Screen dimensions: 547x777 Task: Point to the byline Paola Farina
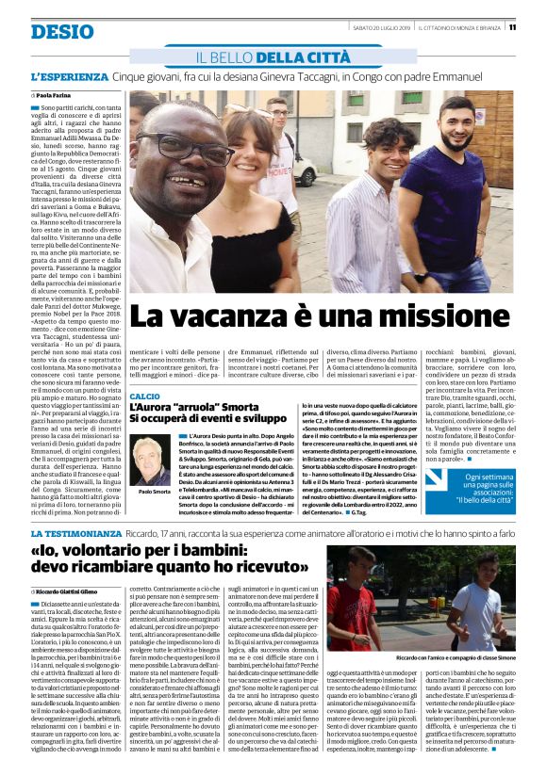[55, 96]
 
